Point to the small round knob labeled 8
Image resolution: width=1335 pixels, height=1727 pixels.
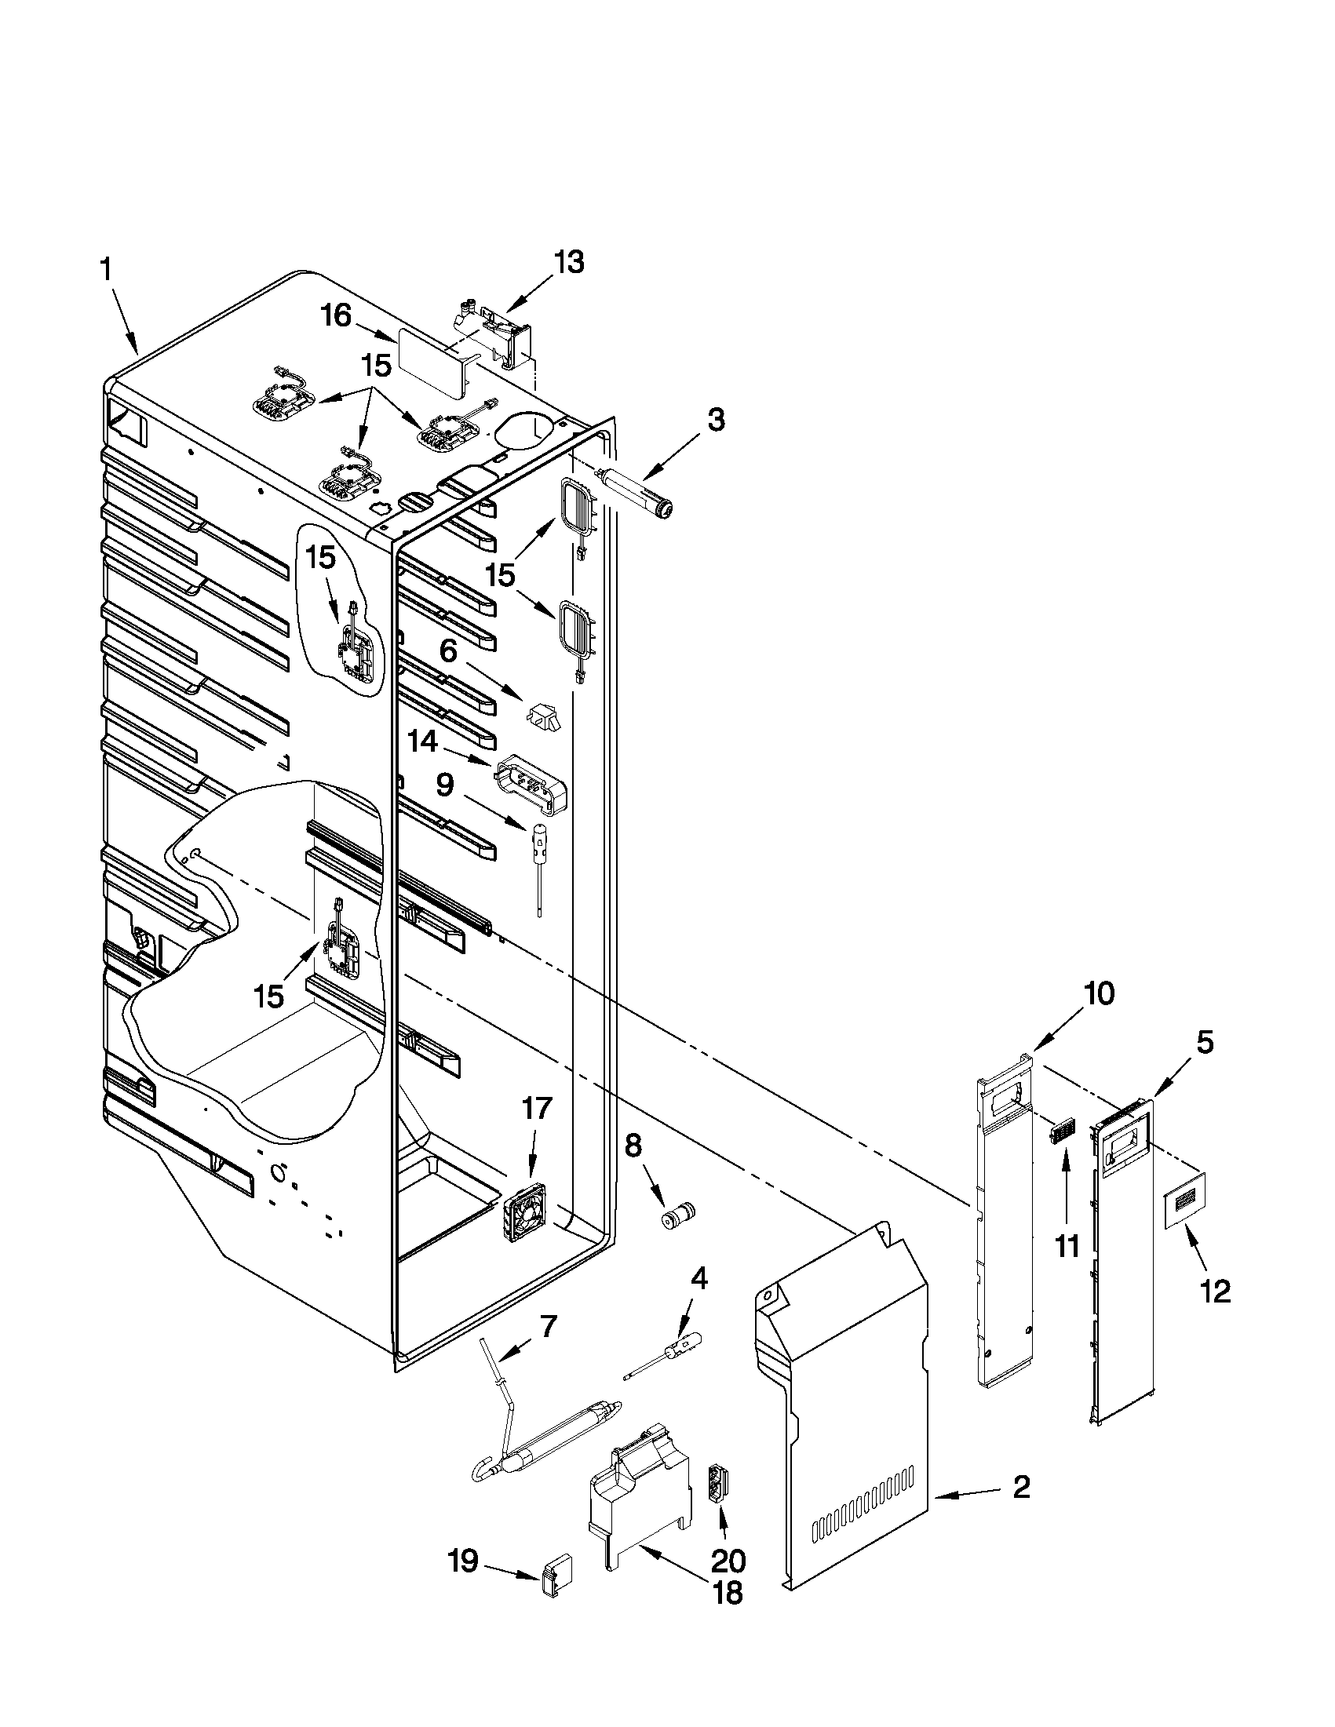pos(677,1214)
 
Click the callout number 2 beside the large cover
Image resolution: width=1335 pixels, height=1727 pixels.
pos(1021,1488)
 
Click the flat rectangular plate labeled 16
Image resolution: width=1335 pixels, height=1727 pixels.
pos(431,361)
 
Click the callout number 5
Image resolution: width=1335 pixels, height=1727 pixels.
pos(1203,1043)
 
